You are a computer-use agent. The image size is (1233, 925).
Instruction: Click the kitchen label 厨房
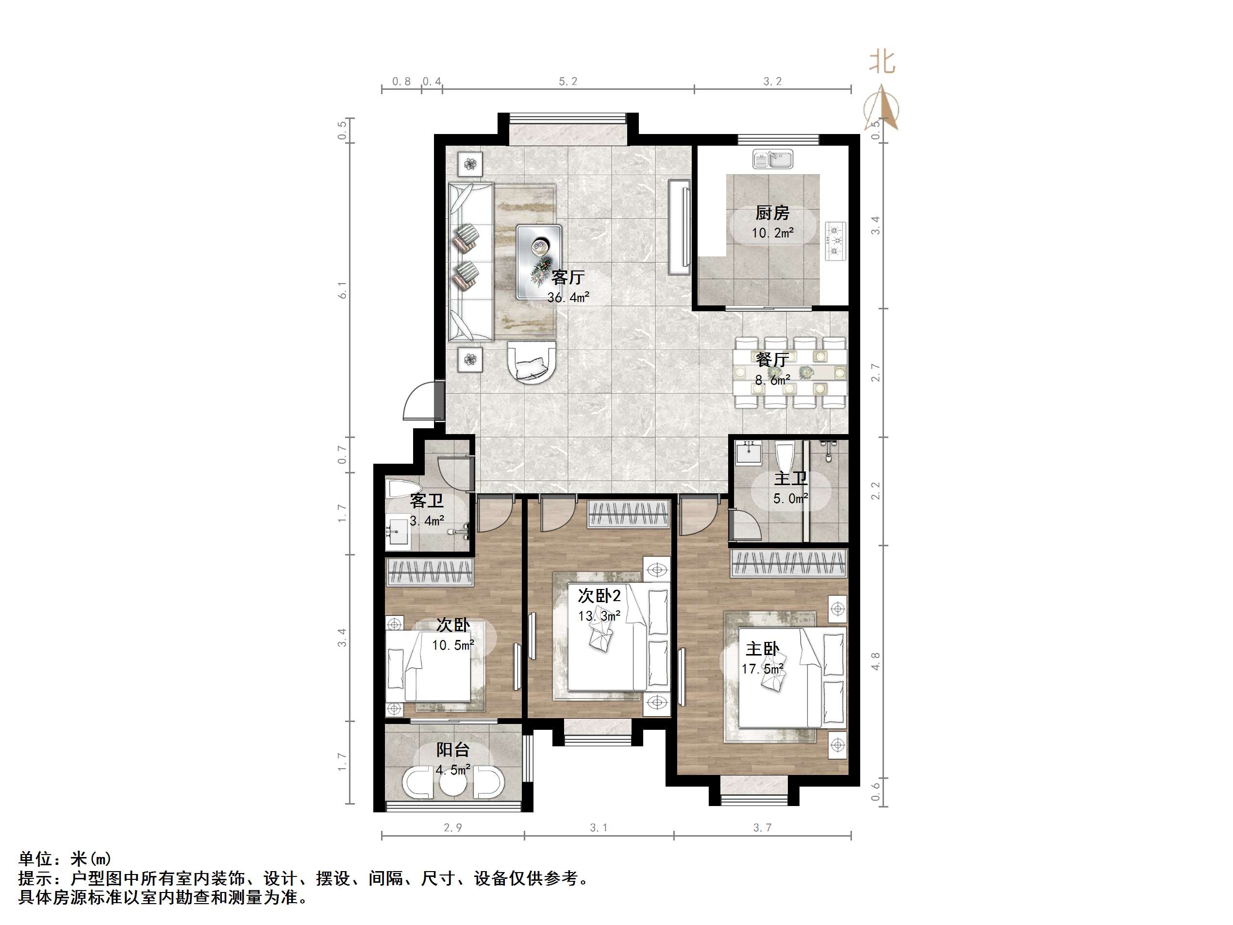[x=772, y=213]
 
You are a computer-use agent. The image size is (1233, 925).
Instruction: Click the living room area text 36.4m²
[x=568, y=298]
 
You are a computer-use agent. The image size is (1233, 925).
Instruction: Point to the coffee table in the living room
[x=538, y=262]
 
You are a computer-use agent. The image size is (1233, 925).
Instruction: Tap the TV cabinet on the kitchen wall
[x=680, y=227]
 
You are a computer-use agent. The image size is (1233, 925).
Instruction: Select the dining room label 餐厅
[x=772, y=360]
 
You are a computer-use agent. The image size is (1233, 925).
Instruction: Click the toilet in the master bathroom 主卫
[x=784, y=455]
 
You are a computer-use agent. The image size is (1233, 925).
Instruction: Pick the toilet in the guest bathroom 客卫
[x=399, y=489]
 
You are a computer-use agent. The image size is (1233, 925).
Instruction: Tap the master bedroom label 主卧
[x=763, y=649]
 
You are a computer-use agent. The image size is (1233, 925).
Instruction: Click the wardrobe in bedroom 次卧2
[x=628, y=514]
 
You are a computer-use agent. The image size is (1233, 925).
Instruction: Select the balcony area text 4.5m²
[x=452, y=770]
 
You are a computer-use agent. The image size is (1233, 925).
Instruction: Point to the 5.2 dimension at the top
[x=568, y=82]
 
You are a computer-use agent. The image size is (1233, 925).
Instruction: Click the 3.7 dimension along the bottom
[x=762, y=828]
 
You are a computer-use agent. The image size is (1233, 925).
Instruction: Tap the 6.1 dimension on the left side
[x=342, y=290]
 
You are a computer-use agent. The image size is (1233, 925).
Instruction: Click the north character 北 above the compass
[x=882, y=62]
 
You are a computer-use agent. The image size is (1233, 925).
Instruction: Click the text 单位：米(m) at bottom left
[x=65, y=858]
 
